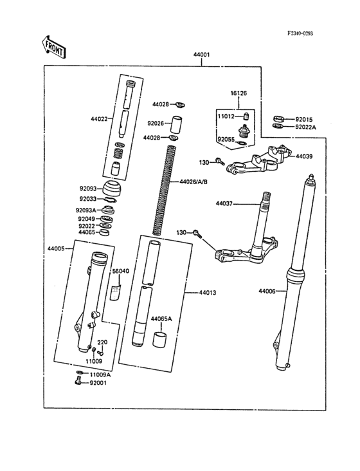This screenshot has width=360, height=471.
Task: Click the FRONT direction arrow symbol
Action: (53, 47)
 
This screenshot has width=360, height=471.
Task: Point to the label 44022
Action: (100, 119)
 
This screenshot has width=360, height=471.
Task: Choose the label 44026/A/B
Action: (194, 182)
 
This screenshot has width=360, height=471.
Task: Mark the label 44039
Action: (304, 156)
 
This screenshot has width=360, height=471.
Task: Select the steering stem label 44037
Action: (224, 204)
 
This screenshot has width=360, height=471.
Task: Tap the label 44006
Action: (267, 291)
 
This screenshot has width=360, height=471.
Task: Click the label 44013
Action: (207, 293)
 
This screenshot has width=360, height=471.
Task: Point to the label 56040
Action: (121, 272)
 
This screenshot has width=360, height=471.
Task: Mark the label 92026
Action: (156, 123)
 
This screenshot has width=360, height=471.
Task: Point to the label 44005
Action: (56, 248)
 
